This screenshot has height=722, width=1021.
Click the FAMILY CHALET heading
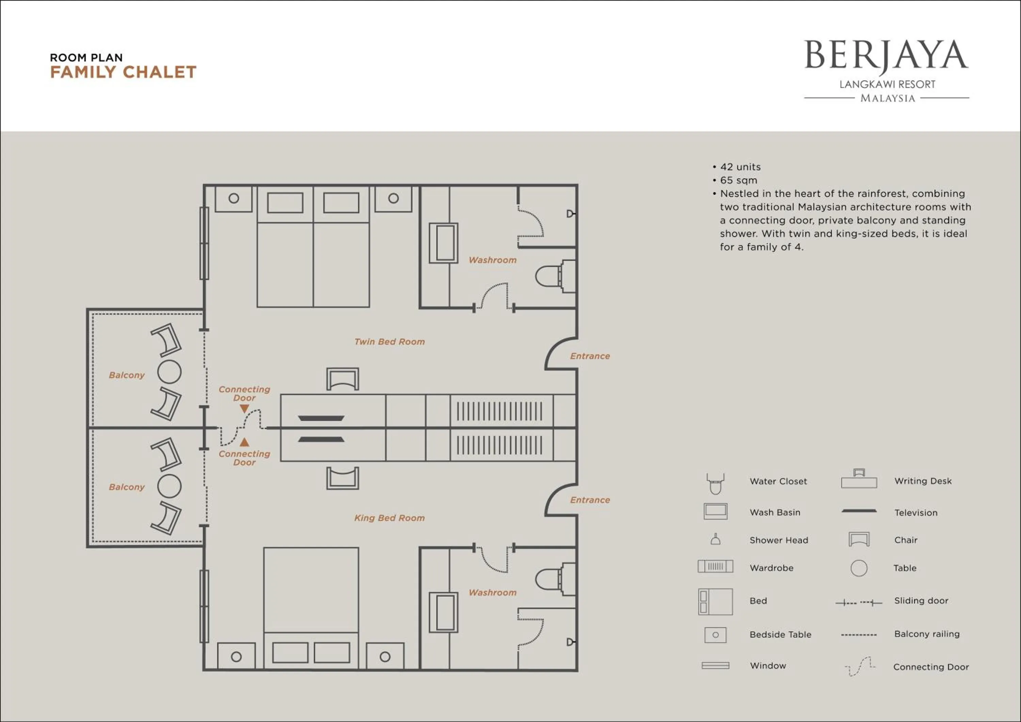click(x=123, y=72)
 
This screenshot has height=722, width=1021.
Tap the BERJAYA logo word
click(x=886, y=56)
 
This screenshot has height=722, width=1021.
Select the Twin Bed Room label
click(x=390, y=342)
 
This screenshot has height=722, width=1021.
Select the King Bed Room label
click(x=390, y=518)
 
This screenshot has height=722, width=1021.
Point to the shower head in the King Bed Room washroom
click(x=570, y=642)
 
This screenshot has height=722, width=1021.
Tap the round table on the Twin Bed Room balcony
click(x=169, y=372)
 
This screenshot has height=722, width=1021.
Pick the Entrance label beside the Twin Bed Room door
click(x=590, y=356)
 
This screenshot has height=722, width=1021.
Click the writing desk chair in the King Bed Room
click(x=342, y=478)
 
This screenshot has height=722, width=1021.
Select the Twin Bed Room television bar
click(x=321, y=418)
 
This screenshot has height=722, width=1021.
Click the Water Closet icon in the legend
click(x=715, y=484)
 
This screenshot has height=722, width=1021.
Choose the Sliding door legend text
click(x=921, y=600)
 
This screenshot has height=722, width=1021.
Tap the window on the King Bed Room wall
click(x=204, y=606)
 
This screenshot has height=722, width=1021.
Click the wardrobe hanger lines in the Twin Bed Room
click(x=499, y=411)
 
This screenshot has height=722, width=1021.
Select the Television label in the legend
click(x=915, y=513)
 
